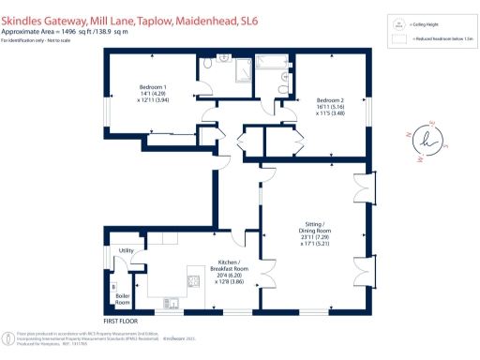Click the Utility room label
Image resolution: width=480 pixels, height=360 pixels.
(x=125, y=250)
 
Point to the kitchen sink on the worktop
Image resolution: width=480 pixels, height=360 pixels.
(x=174, y=302)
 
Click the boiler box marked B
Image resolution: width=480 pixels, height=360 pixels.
(x=113, y=286)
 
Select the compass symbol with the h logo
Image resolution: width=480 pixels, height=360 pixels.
(x=428, y=141)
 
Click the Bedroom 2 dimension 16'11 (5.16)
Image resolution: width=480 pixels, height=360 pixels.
(x=329, y=108)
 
